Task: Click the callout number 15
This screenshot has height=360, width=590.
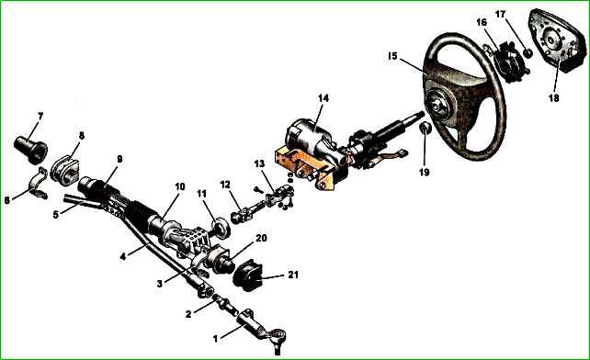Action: click(392, 56)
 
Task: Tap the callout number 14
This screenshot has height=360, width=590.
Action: click(323, 98)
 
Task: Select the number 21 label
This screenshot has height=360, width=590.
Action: click(293, 275)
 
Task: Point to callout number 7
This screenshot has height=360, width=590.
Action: click(40, 117)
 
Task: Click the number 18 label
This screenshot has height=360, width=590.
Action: click(554, 97)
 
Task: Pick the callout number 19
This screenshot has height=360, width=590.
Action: click(424, 172)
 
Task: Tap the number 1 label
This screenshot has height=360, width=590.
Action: click(215, 339)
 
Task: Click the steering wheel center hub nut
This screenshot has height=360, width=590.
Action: click(437, 107)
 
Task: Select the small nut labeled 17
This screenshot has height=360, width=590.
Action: click(528, 52)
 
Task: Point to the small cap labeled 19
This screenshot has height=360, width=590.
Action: click(425, 129)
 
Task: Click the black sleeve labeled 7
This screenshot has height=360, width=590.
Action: click(31, 149)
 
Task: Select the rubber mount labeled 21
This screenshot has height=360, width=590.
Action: click(247, 276)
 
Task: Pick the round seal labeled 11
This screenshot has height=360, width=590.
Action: click(221, 228)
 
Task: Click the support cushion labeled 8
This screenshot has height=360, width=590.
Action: click(64, 171)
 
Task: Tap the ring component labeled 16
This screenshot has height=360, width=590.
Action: click(510, 62)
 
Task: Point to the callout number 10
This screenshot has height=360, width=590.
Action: click(180, 186)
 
